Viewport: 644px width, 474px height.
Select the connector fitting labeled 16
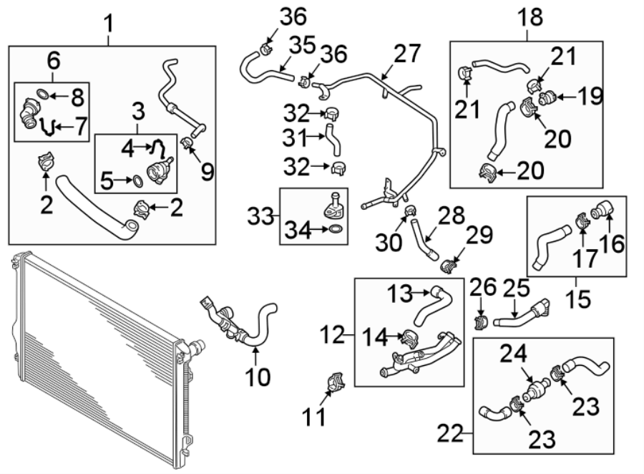[x=600, y=210]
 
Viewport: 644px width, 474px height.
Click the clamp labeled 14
[x=411, y=334]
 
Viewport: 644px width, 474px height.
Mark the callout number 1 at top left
[x=109, y=24]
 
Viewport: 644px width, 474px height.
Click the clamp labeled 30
[x=411, y=211]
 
